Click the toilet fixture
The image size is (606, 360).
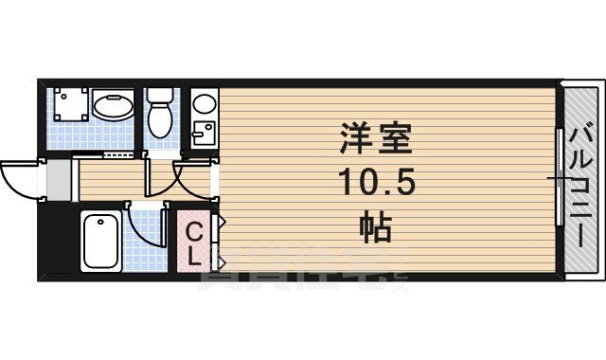159,118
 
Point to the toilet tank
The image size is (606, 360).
159,94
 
